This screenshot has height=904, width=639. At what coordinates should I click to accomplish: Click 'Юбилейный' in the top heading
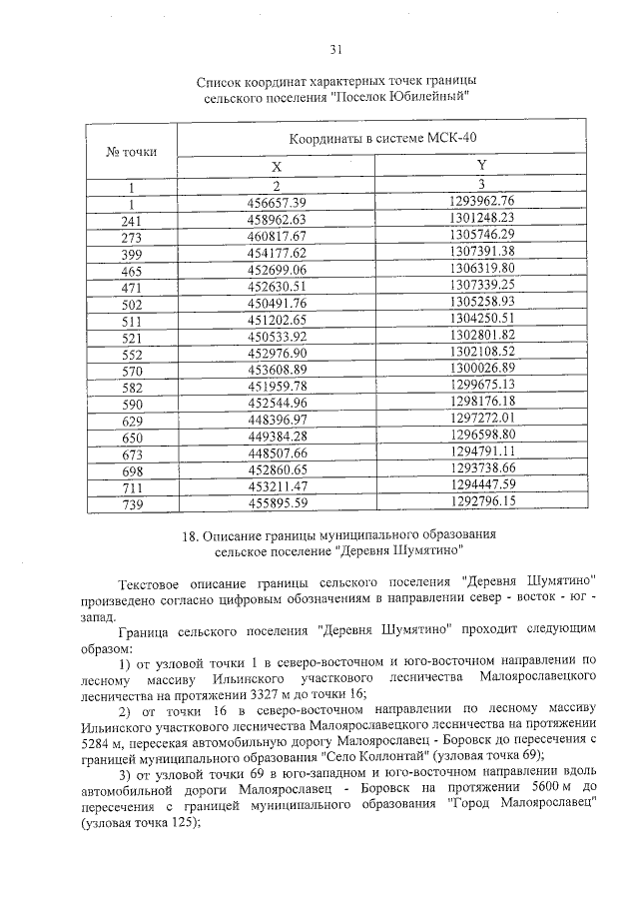pos(420,96)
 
